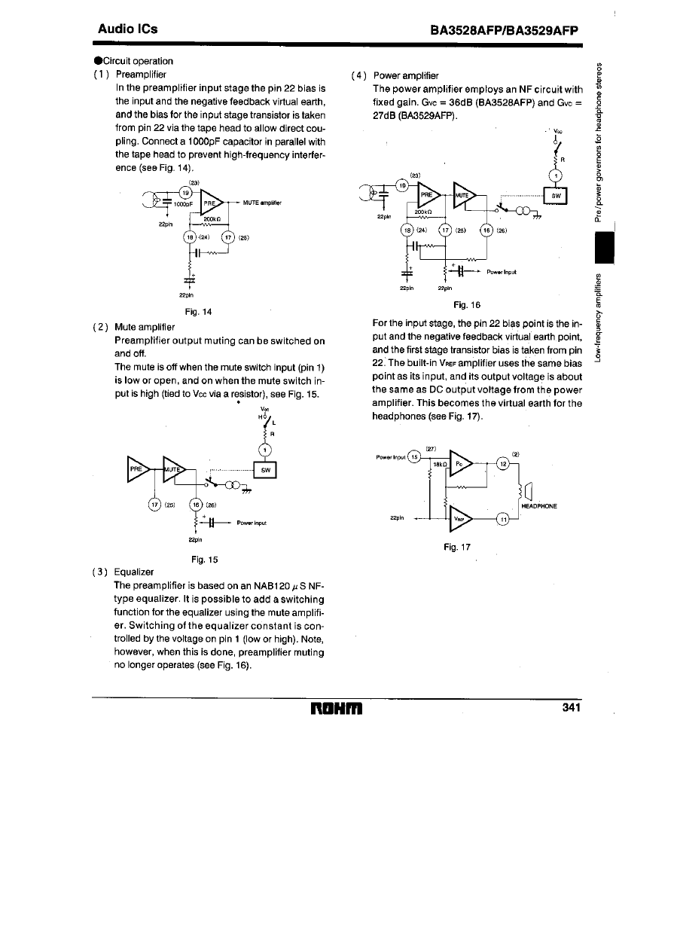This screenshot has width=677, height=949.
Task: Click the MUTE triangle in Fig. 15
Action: pyautogui.click(x=175, y=470)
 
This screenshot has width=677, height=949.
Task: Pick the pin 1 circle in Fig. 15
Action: pyautogui.click(x=264, y=451)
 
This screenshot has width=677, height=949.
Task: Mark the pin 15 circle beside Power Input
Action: pyautogui.click(x=412, y=456)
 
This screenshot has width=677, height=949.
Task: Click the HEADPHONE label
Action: pyautogui.click(x=539, y=505)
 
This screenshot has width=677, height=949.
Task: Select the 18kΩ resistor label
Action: pyautogui.click(x=440, y=465)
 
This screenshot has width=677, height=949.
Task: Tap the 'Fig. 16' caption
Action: pyautogui.click(x=467, y=306)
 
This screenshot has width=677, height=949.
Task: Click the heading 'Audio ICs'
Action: pyautogui.click(x=128, y=29)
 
